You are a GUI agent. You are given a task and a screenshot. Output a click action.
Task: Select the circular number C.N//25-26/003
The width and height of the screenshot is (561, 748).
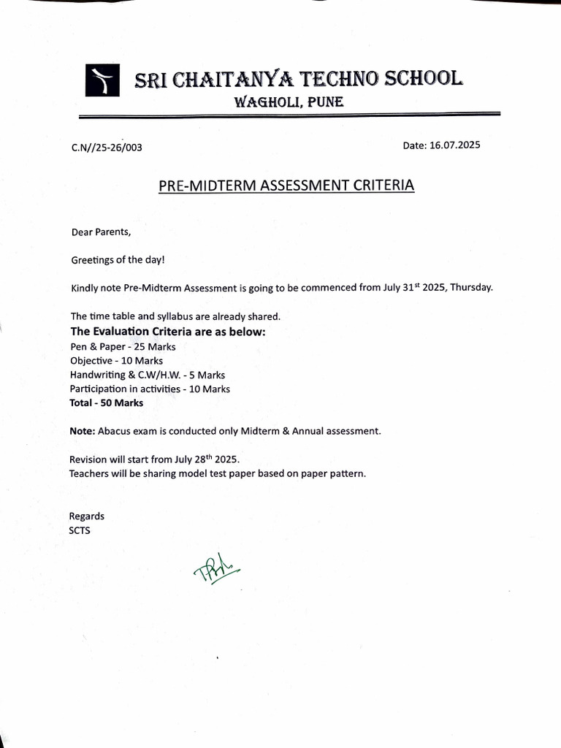(x=107, y=148)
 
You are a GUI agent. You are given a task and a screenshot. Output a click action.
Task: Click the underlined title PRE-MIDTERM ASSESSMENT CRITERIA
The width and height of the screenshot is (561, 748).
(x=286, y=186)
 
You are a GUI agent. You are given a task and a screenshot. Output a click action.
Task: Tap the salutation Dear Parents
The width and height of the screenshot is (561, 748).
(x=101, y=232)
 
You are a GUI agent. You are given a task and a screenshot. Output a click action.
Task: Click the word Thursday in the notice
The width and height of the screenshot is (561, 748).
(x=471, y=287)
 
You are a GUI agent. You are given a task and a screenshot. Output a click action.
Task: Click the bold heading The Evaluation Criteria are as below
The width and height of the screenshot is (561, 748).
(x=167, y=332)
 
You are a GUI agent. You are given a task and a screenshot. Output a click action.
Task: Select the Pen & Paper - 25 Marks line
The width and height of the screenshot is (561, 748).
(x=123, y=346)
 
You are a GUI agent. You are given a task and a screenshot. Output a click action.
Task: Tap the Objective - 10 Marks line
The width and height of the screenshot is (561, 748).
(x=117, y=361)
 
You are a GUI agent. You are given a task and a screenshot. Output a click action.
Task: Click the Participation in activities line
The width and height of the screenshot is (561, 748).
(x=150, y=389)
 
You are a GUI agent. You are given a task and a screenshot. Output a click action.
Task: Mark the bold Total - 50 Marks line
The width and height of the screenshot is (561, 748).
(x=107, y=402)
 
